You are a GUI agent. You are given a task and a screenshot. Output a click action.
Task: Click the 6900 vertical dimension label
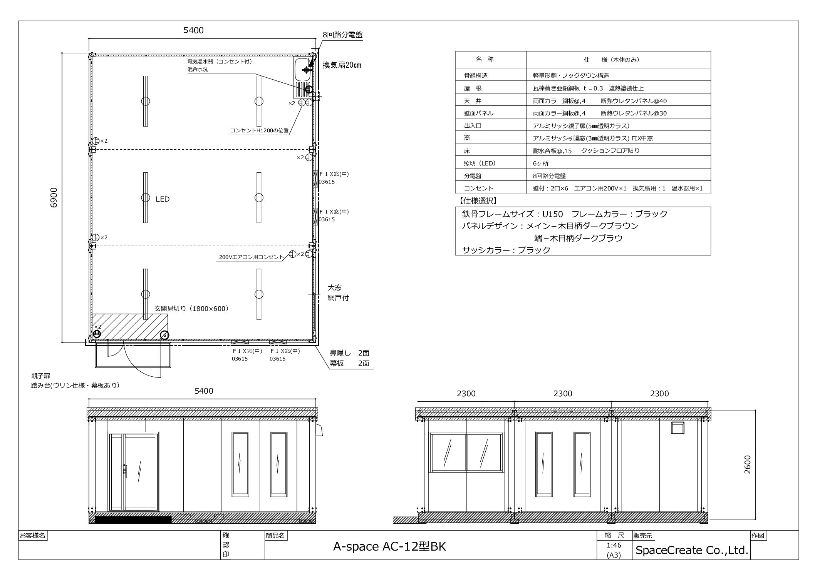tap(54, 198)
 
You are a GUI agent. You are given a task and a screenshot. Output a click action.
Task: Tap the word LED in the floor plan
tap(163, 199)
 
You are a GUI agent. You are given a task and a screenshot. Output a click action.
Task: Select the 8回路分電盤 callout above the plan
tap(342, 35)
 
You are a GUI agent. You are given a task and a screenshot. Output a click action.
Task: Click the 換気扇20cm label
tap(342, 65)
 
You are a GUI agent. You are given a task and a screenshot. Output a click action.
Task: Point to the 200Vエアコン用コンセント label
tap(251, 257)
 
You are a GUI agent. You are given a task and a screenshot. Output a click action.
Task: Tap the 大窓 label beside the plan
tap(335, 287)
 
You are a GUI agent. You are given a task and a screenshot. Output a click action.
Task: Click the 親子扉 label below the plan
tap(41, 376)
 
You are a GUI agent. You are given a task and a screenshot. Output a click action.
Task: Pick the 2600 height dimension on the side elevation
tap(748, 464)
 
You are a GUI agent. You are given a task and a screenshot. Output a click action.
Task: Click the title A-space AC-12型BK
tap(389, 547)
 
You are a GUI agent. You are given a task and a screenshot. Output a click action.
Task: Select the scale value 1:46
tap(614, 545)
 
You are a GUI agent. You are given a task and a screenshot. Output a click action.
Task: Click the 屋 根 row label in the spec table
tap(473, 88)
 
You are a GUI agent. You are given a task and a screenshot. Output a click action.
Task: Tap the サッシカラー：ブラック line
tap(506, 250)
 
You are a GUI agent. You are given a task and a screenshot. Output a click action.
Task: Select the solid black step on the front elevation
tap(133, 520)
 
